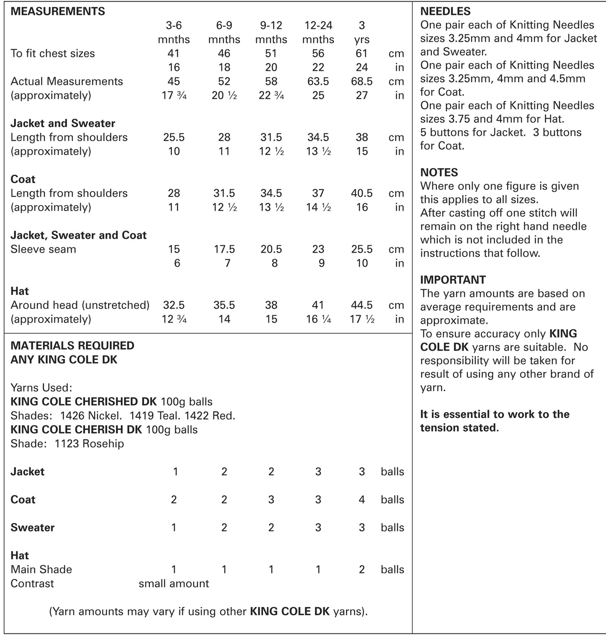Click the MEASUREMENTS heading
57,11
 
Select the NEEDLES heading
445,11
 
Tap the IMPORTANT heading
453,280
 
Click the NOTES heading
439,172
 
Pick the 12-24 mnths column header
318,32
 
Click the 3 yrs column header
362,32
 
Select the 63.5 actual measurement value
318,81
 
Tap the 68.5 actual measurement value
362,81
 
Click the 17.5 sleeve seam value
224,249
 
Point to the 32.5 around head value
174,305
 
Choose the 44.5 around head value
362,305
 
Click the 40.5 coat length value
362,193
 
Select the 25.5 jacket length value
174,137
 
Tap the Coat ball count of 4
362,500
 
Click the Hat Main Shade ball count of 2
362,570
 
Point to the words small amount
174,583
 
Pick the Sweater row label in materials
32,527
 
